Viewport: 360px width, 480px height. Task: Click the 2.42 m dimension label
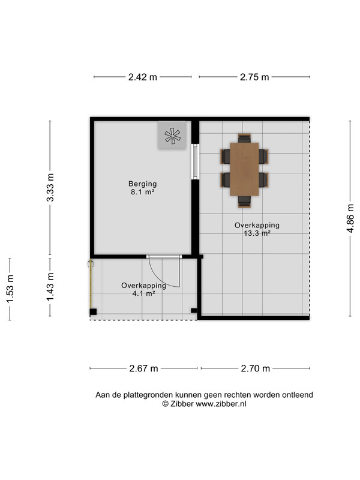(143, 77)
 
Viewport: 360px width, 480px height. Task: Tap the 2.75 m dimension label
(254, 77)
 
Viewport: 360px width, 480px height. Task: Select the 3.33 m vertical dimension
(50, 187)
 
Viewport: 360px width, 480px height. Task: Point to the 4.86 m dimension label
(350, 218)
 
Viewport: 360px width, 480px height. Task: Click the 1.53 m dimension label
(10, 289)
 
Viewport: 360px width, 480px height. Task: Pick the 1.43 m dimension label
(50, 287)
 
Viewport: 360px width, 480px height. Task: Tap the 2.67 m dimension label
(143, 368)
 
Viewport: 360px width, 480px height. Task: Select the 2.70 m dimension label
(256, 368)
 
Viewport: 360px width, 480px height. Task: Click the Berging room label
(143, 184)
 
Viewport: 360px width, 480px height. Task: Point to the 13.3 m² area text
(257, 233)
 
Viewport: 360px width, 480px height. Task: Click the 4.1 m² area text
(143, 293)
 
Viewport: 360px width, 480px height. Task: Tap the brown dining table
(244, 169)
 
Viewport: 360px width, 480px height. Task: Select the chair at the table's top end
(244, 138)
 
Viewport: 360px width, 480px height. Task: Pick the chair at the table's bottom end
(244, 202)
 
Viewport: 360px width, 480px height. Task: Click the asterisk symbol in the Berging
(172, 136)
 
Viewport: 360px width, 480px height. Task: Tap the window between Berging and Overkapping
(195, 161)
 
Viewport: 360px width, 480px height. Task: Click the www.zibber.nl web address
(221, 404)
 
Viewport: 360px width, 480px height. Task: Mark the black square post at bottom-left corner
(93, 312)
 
